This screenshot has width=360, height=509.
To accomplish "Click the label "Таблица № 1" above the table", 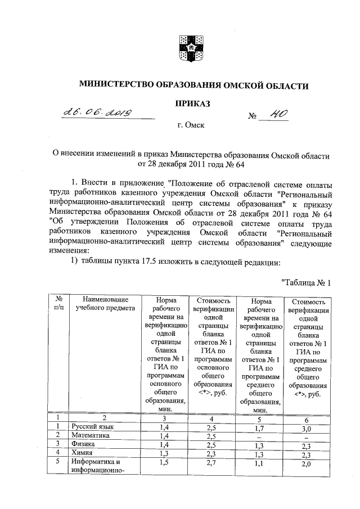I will coord(304,282).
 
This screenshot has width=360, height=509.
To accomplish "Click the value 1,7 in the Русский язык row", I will coord(259,428).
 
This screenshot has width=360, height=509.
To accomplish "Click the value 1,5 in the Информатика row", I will coord(165,462).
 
